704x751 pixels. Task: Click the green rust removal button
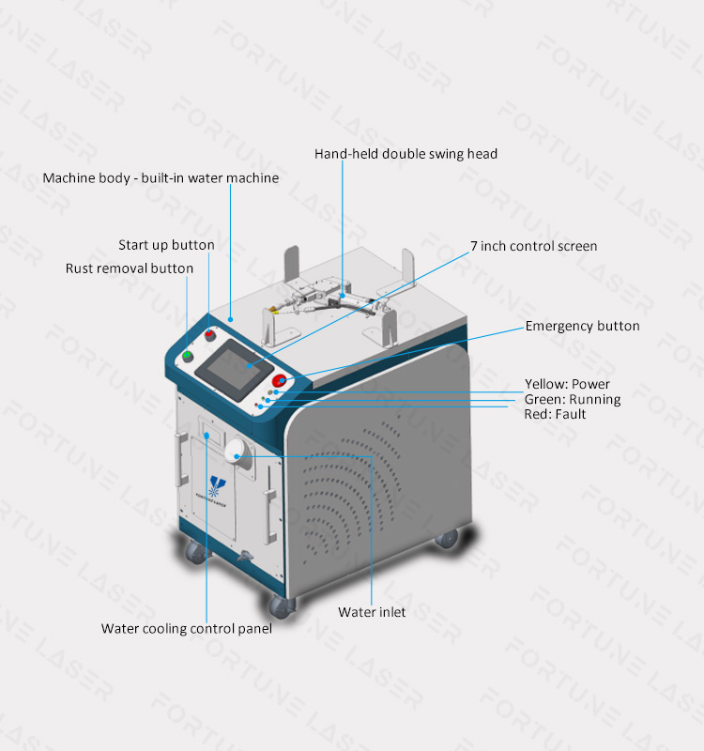(x=189, y=356)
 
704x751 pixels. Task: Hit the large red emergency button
(x=280, y=380)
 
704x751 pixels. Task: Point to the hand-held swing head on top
(x=329, y=300)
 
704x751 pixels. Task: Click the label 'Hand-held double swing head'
(x=406, y=153)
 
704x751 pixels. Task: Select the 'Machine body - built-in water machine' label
(x=161, y=177)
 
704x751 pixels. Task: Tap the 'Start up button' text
(x=166, y=245)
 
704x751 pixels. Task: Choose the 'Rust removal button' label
(x=130, y=268)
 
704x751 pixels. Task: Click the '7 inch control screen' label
(x=533, y=246)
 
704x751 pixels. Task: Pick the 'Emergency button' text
(x=582, y=326)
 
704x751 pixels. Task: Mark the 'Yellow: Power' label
(x=567, y=384)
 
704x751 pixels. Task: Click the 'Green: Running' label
(x=572, y=399)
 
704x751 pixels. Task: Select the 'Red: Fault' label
(x=555, y=414)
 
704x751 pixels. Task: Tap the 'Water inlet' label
(x=372, y=612)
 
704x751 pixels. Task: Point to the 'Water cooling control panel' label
(x=187, y=629)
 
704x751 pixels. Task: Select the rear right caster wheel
(x=447, y=539)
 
